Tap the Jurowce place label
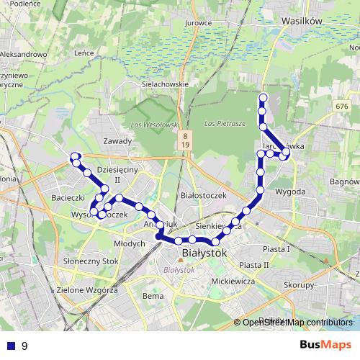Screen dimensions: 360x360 (x=197, y=22)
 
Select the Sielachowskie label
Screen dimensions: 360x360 (x=165, y=84)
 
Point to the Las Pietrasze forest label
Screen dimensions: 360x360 (x=225, y=124)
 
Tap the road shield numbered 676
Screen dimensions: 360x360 (x=341, y=107)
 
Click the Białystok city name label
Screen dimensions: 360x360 (x=204, y=253)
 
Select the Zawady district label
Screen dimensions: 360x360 (x=117, y=141)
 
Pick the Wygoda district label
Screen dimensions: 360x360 (x=290, y=192)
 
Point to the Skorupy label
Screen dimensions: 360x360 (x=299, y=285)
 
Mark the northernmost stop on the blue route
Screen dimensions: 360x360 (x=263, y=97)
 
